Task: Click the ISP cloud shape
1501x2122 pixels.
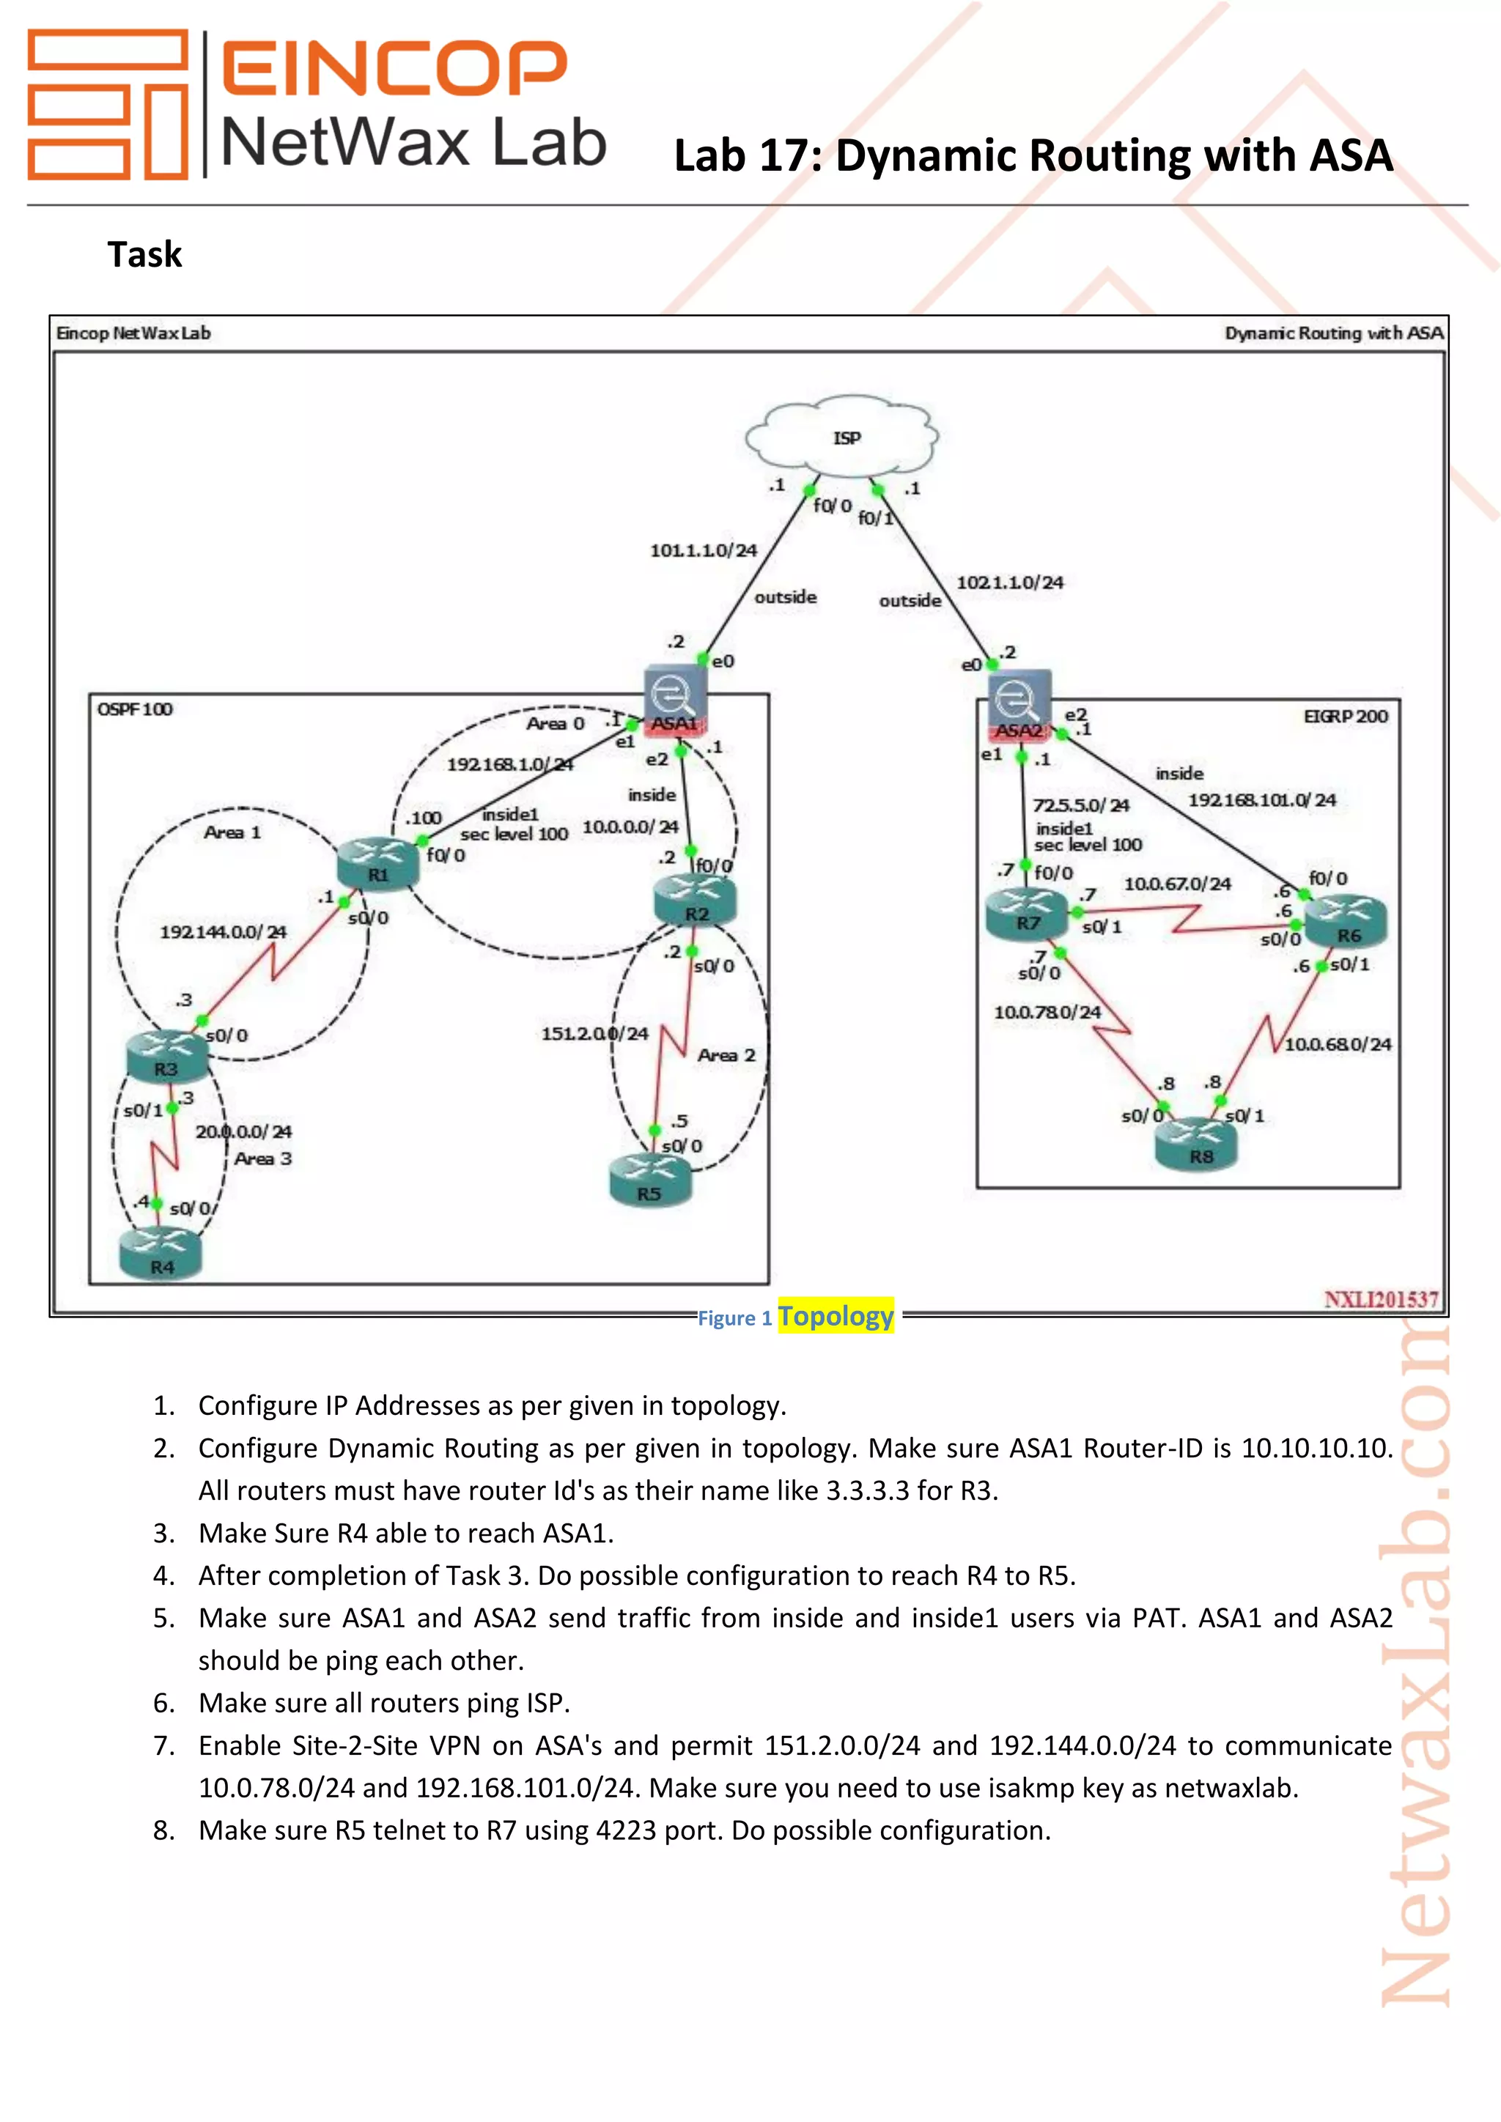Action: coord(842,438)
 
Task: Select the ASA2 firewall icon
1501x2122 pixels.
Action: coord(1019,705)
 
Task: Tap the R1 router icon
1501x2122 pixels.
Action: coord(378,864)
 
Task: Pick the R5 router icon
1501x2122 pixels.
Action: coord(650,1180)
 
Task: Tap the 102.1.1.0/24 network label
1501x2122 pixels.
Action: coord(1009,583)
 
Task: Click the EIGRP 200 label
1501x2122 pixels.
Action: coord(1345,717)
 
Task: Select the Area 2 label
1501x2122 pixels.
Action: coord(726,1055)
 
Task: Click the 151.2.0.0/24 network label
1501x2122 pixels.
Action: coord(594,1034)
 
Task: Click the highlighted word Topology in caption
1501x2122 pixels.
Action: coord(836,1316)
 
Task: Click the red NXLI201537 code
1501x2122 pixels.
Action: coord(1381,1299)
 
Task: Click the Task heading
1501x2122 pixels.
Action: coord(145,254)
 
